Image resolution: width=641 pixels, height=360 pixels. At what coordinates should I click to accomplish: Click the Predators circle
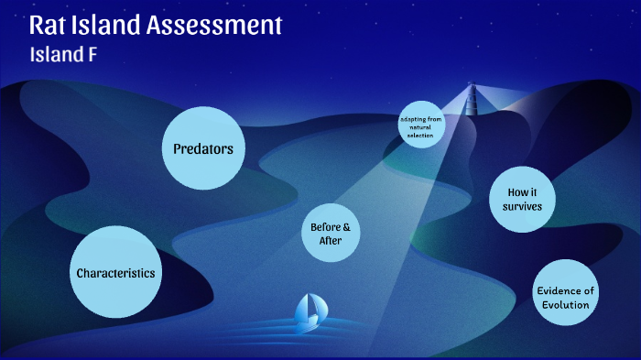pyautogui.click(x=203, y=147)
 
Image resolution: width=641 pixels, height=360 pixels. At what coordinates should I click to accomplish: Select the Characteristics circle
pyautogui.click(x=115, y=273)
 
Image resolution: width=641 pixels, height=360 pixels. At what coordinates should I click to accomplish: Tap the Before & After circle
pyautogui.click(x=330, y=234)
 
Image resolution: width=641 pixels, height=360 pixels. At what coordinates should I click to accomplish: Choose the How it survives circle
pyautogui.click(x=522, y=199)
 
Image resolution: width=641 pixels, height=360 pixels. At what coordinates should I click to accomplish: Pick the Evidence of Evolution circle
pyautogui.click(x=565, y=298)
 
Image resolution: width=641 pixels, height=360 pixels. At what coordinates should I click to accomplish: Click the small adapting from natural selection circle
pyautogui.click(x=421, y=125)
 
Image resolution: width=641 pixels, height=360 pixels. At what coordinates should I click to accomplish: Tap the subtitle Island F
pyautogui.click(x=63, y=54)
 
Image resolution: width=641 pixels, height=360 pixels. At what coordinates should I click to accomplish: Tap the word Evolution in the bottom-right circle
pyautogui.click(x=565, y=305)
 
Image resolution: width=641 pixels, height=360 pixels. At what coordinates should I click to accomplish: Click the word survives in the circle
pyautogui.click(x=522, y=206)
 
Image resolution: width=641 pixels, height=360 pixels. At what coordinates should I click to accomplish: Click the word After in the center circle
pyautogui.click(x=330, y=241)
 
